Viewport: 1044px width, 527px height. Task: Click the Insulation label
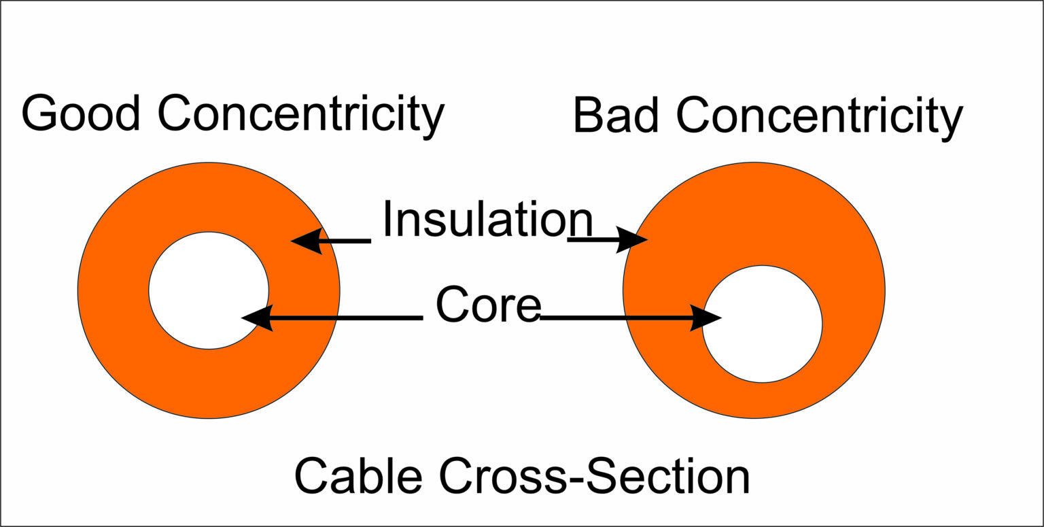pos(487,219)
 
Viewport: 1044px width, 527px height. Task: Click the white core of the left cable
pos(209,290)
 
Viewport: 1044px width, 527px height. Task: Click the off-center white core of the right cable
pos(762,324)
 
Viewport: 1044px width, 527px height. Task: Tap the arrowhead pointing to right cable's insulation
pos(632,240)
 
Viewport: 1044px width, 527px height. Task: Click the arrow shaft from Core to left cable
pos(347,318)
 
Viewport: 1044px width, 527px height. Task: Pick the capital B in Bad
pos(589,116)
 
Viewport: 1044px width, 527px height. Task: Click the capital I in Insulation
pos(387,219)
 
